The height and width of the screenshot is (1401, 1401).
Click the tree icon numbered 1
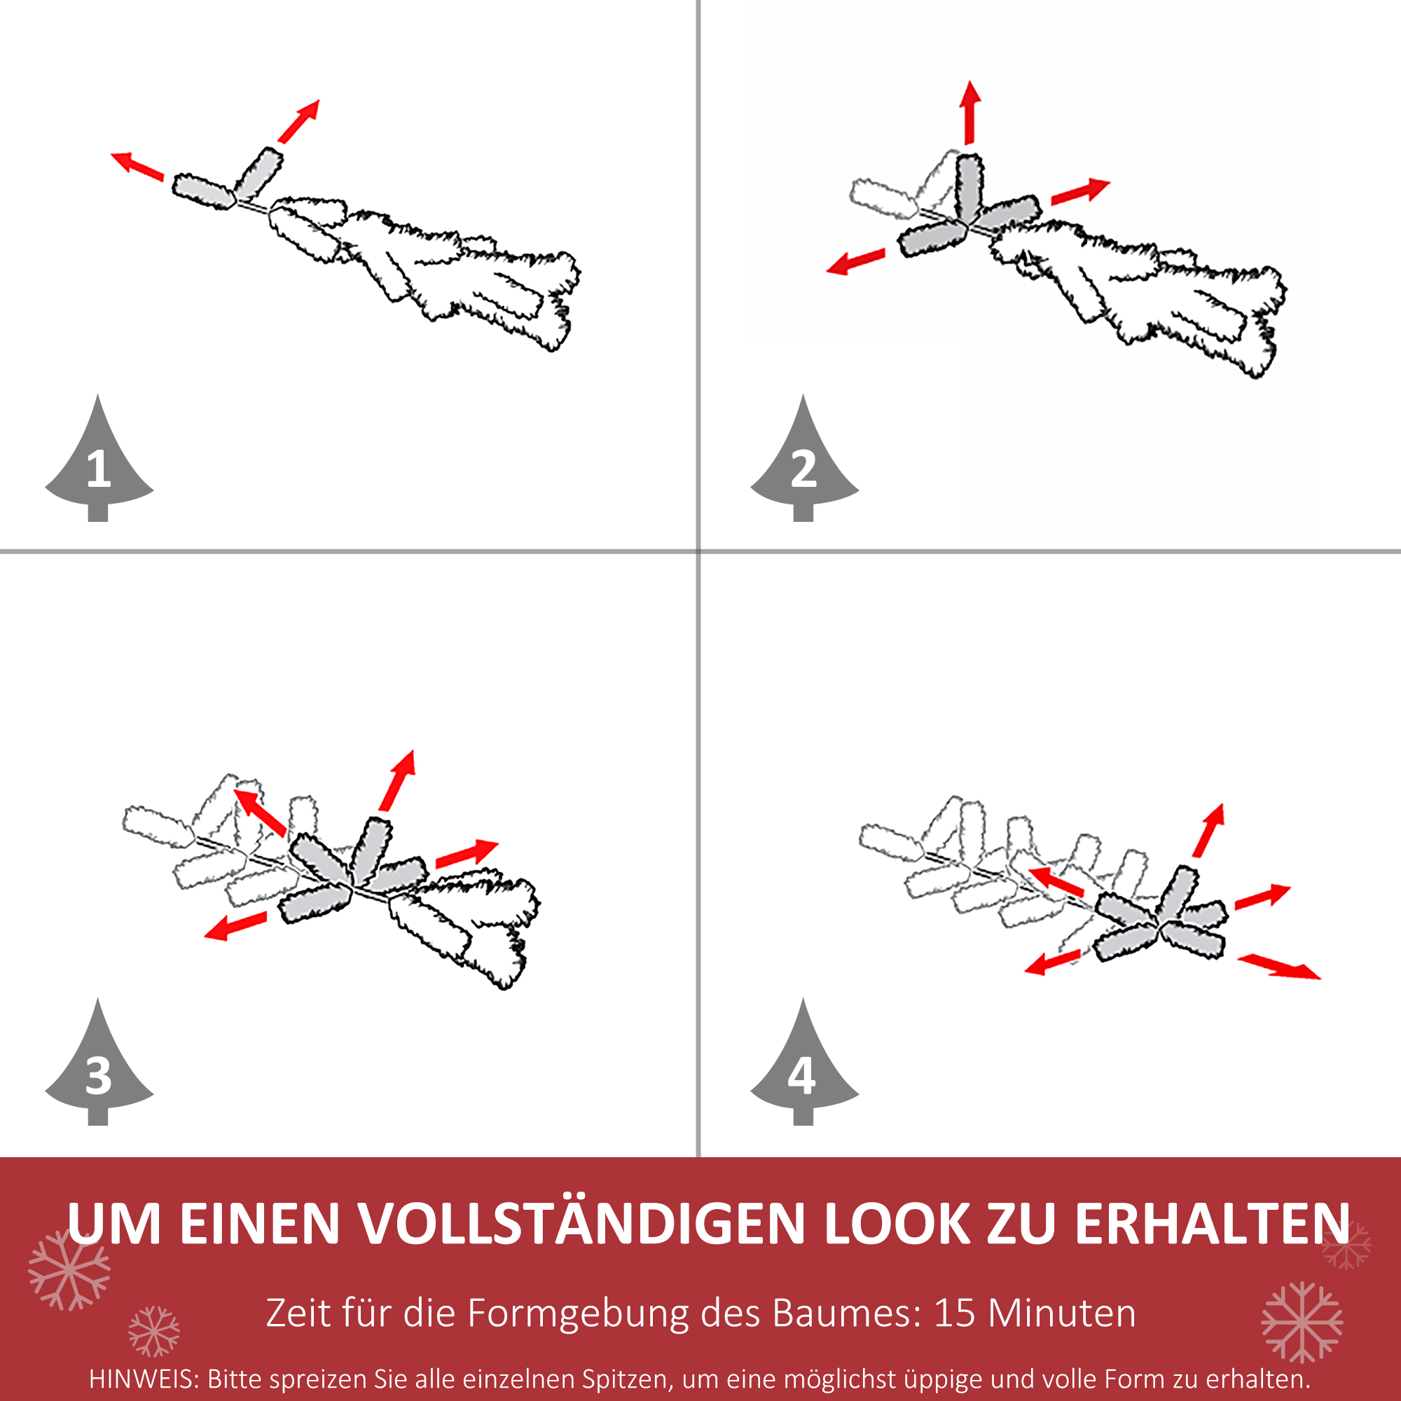99,464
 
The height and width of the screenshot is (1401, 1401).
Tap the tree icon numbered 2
803,464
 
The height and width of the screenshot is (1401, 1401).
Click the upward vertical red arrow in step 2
969,112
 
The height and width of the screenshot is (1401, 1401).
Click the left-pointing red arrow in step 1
137,165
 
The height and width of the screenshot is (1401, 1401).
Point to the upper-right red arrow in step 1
299,121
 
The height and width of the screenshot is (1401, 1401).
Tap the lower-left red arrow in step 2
857,261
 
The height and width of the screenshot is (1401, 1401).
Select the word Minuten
1062,1313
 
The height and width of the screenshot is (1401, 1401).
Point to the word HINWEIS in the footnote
142,1379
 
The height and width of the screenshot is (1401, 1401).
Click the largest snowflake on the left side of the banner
69,1269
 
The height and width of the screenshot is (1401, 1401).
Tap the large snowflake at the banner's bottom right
1302,1321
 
